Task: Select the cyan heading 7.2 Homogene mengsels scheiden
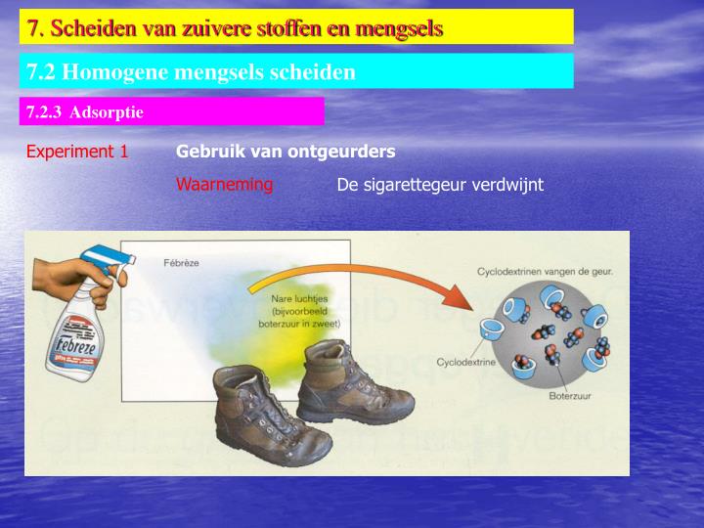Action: click(x=191, y=71)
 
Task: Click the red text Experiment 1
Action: click(x=77, y=152)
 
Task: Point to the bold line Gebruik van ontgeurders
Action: click(x=286, y=152)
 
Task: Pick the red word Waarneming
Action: click(x=224, y=184)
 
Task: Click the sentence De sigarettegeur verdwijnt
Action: click(x=439, y=184)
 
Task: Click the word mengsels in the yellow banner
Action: click(x=397, y=27)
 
